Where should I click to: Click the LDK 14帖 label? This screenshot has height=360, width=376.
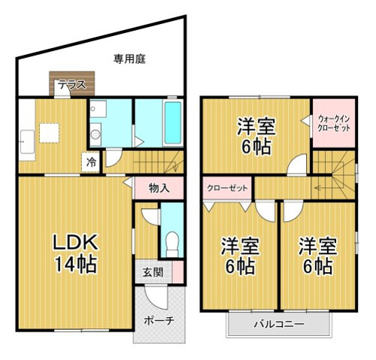point(75,253)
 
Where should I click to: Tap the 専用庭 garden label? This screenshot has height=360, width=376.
point(129,59)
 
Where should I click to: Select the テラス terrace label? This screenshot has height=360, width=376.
point(72,85)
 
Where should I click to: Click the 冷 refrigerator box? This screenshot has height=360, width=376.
point(91,162)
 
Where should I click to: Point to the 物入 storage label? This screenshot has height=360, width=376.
point(159,188)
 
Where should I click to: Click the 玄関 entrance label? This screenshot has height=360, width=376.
point(153,272)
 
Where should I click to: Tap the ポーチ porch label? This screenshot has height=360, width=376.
point(159,320)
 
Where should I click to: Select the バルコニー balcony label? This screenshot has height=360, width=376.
point(279,324)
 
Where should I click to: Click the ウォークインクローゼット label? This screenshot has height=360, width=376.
point(333,123)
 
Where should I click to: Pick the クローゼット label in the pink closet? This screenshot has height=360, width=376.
point(227,188)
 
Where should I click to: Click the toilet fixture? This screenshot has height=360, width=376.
point(172,244)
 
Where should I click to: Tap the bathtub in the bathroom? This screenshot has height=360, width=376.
point(173,123)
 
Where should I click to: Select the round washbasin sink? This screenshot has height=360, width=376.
point(96,135)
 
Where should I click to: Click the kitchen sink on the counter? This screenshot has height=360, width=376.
point(27,141)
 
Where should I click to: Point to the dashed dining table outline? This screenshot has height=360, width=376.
point(49,133)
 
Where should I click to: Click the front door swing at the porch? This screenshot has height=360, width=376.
point(156,297)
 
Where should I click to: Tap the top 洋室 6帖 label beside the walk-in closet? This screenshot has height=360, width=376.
point(256,136)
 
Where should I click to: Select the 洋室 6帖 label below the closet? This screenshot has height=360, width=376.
point(240,256)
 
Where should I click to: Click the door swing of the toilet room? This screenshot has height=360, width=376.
point(150,216)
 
